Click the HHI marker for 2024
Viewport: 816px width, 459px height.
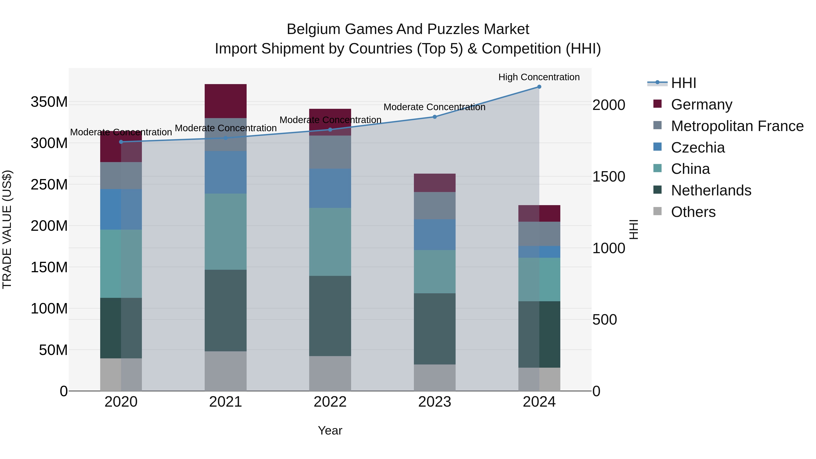pos(539,87)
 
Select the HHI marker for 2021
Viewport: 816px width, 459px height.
pos(226,138)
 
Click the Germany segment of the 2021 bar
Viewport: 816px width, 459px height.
pos(226,101)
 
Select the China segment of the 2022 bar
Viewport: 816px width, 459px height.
pos(330,242)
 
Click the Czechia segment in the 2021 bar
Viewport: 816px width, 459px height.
pos(226,172)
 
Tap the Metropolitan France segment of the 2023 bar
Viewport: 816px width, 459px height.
pos(435,206)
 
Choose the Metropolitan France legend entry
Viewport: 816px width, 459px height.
pos(737,126)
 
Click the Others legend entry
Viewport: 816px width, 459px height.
pos(693,212)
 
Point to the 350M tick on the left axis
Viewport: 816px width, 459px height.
pos(49,102)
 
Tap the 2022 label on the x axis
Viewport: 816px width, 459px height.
pos(330,402)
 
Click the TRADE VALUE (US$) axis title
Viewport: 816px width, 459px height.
pos(7,229)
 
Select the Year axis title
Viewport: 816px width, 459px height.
pos(330,430)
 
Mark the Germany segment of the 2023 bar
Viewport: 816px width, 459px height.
pos(435,183)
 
